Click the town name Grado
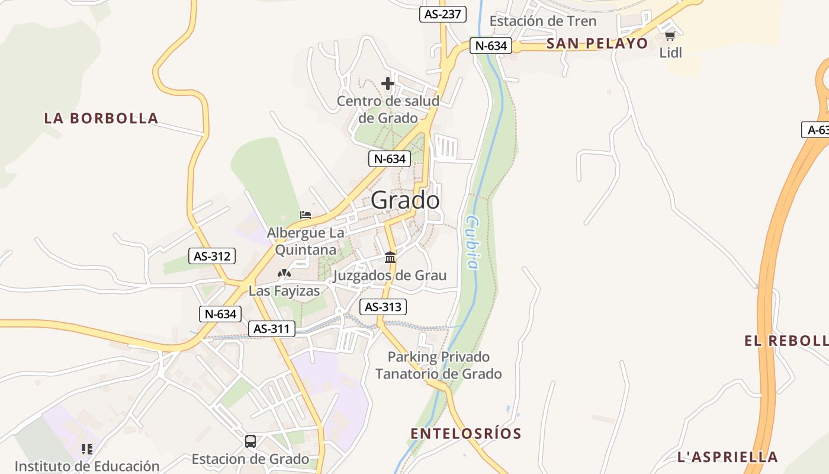tap(406, 200)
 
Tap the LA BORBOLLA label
tap(101, 118)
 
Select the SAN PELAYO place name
tap(597, 43)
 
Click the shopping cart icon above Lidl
tap(670, 36)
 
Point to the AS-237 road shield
tap(443, 14)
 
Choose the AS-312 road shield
tap(212, 256)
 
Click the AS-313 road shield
tap(383, 307)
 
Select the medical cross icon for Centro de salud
tap(388, 84)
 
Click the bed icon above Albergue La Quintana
tap(306, 214)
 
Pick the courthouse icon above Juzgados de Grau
tap(390, 258)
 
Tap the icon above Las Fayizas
tap(284, 273)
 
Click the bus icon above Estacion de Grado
tap(250, 441)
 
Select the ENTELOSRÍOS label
tap(466, 434)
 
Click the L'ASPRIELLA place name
tap(728, 457)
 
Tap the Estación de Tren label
tap(543, 21)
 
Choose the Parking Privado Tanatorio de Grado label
tap(439, 366)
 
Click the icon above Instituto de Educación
tap(87, 449)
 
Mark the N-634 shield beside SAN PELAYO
tap(491, 46)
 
